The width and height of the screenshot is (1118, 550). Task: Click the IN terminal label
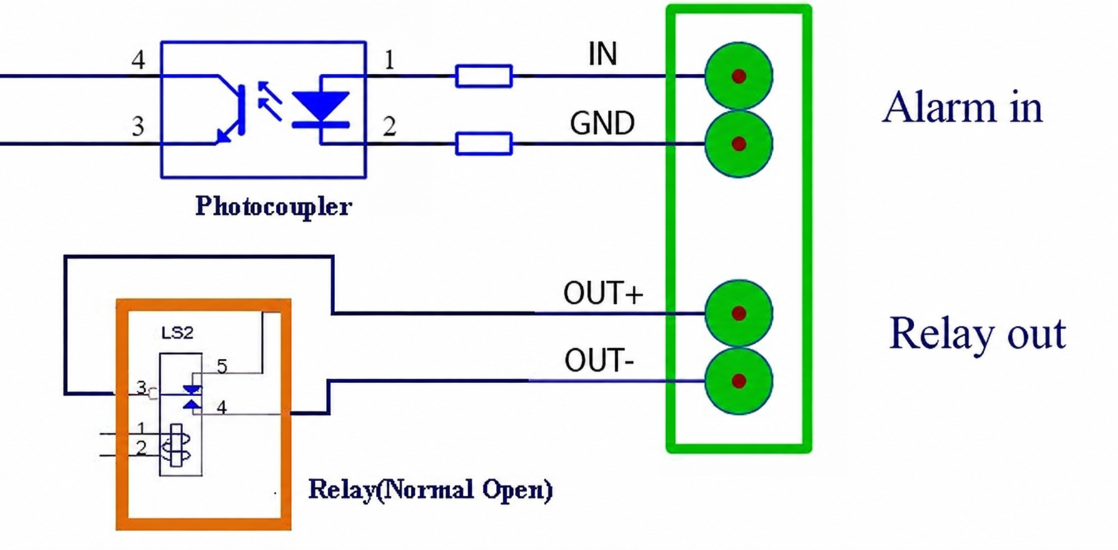pyautogui.click(x=602, y=54)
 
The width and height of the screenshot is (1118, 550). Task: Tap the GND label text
pyautogui.click(x=602, y=123)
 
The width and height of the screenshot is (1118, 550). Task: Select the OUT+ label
pyautogui.click(x=603, y=293)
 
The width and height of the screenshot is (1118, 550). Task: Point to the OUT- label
pyautogui.click(x=599, y=361)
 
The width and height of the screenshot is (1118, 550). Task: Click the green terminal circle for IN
pyautogui.click(x=738, y=76)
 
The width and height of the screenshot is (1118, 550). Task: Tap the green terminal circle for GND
pyautogui.click(x=738, y=144)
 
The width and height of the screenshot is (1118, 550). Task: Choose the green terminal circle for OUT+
pyautogui.click(x=738, y=313)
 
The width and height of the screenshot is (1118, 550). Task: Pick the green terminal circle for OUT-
pyautogui.click(x=738, y=381)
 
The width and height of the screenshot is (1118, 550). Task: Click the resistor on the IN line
pyautogui.click(x=484, y=76)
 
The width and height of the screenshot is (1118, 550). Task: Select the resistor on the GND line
pyautogui.click(x=484, y=144)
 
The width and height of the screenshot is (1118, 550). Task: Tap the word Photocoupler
pyautogui.click(x=273, y=206)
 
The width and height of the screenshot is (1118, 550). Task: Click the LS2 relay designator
pyautogui.click(x=177, y=332)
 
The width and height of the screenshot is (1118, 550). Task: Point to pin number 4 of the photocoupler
pyautogui.click(x=138, y=60)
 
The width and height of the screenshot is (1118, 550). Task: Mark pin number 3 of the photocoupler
pyautogui.click(x=138, y=126)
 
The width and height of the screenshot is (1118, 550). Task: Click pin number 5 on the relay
pyautogui.click(x=221, y=367)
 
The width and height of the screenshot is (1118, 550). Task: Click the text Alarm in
pyautogui.click(x=962, y=107)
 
